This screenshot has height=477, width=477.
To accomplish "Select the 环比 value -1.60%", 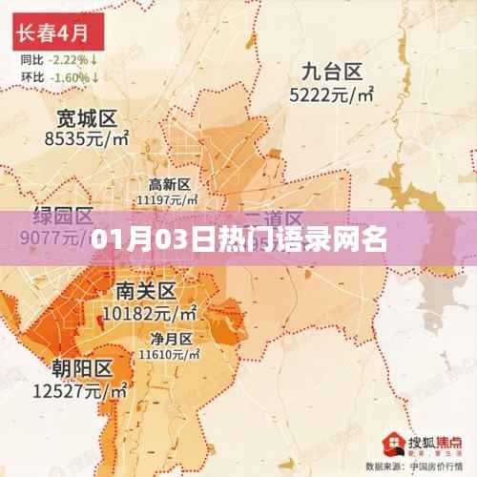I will coord(75,75).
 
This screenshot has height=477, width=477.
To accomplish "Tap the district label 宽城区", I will coord(86,119).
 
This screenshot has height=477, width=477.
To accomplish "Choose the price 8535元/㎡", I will coord(86,139).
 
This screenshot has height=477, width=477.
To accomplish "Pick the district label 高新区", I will coord(171,183).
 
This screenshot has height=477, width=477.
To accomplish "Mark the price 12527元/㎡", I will coord(82,390).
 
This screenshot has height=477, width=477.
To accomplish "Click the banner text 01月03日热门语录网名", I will coord(238,238).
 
